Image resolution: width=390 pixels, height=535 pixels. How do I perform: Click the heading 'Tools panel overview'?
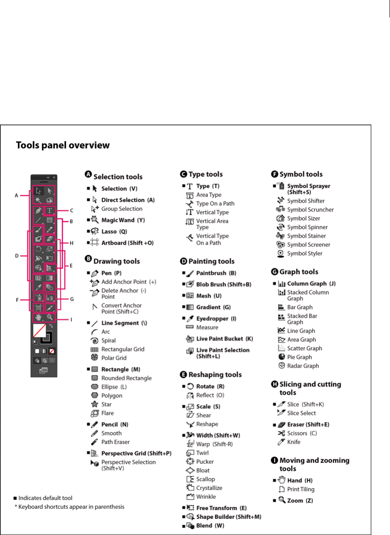click(62, 145)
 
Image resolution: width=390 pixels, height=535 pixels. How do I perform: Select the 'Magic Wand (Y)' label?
click(123, 220)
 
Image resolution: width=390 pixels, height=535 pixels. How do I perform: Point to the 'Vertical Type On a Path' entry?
click(212, 239)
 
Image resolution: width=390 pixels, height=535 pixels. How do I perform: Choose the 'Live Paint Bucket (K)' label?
click(224, 339)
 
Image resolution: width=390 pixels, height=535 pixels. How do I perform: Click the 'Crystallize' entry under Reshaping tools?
click(209, 488)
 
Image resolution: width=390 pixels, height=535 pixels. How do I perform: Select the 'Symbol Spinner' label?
click(307, 227)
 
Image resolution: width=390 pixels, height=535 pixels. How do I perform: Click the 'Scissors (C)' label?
click(302, 433)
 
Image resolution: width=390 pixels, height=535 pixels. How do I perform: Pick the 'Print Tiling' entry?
click(300, 489)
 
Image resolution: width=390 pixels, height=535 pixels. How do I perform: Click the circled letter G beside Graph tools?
click(275, 272)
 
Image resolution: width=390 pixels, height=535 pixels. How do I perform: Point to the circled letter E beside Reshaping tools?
click(184, 375)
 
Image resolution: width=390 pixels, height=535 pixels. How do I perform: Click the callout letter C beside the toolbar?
click(71, 210)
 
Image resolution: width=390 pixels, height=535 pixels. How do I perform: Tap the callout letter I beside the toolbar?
click(71, 320)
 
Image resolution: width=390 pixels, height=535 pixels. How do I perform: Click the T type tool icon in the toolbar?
click(50, 211)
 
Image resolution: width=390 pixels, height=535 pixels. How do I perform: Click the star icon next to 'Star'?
click(94, 404)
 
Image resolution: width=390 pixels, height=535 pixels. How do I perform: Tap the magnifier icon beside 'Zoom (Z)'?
click(282, 500)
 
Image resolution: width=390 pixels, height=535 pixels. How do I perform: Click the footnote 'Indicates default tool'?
click(45, 498)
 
